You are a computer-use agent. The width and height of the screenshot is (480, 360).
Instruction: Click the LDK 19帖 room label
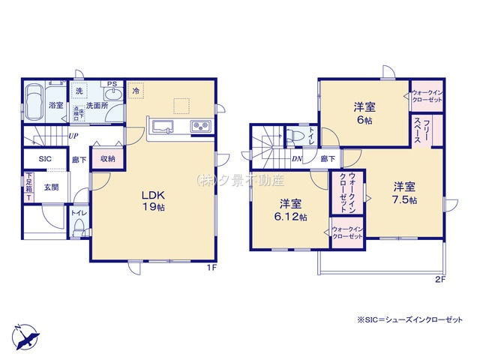(x=149, y=201)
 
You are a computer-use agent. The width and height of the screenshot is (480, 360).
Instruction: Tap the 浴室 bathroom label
(x=55, y=106)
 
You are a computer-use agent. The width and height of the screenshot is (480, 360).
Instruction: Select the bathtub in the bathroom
(x=34, y=102)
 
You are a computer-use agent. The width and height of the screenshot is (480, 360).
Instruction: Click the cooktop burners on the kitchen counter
(x=201, y=125)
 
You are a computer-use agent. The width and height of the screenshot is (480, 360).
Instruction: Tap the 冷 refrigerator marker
(x=136, y=91)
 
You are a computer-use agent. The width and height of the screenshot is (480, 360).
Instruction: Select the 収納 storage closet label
(x=107, y=158)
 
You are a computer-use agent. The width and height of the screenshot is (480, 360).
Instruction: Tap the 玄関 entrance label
(x=51, y=187)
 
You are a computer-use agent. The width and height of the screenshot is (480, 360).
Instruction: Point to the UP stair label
(x=73, y=136)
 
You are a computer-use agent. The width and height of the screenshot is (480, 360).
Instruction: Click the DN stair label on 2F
(x=296, y=159)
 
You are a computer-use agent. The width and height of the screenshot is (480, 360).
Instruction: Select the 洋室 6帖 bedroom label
(x=364, y=112)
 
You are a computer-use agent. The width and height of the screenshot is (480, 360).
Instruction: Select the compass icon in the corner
(x=25, y=334)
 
